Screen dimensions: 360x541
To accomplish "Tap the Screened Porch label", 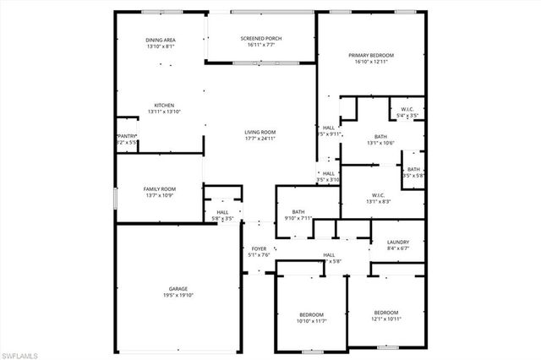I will [261, 39].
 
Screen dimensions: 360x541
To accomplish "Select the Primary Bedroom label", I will [371, 55].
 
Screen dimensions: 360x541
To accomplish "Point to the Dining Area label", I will [160, 39].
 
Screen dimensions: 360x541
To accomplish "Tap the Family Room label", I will [159, 188].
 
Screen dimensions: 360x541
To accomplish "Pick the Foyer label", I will [259, 248].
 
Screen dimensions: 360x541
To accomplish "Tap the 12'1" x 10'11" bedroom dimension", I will [385, 318].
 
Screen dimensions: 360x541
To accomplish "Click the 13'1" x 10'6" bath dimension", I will [380, 143].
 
